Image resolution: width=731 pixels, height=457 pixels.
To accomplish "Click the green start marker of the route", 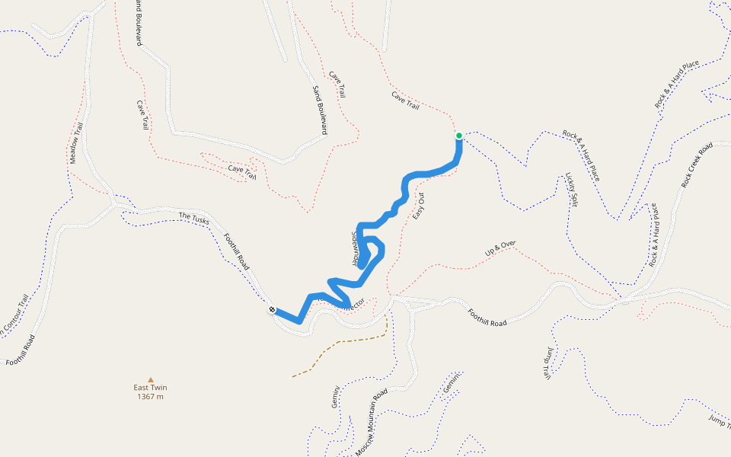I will point(459,136).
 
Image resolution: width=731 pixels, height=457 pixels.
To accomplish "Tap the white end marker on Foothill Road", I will point(272,309).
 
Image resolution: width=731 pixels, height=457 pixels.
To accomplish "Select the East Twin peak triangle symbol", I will point(151,379).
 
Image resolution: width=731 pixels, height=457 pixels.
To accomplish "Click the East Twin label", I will point(150,388).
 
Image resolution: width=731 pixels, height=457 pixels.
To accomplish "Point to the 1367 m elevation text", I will point(150,397).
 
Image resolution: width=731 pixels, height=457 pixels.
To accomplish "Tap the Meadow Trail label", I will point(76,144).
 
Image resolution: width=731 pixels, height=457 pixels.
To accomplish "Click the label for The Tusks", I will point(194,218).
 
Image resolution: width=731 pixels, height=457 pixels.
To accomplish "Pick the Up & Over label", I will point(500,248).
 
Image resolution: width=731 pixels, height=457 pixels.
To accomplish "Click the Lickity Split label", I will point(572,189).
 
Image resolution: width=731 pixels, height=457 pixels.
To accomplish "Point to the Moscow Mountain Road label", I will point(372,423).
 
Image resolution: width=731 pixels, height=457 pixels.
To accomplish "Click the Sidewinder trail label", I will point(355,248).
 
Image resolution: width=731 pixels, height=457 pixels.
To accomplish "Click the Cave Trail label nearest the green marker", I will point(405,100).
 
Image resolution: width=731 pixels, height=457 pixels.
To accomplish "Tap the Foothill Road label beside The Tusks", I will point(235,252).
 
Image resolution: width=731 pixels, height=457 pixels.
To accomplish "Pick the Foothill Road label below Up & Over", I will point(487,318).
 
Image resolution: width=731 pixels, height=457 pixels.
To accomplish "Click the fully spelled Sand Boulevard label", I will point(319,110).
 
